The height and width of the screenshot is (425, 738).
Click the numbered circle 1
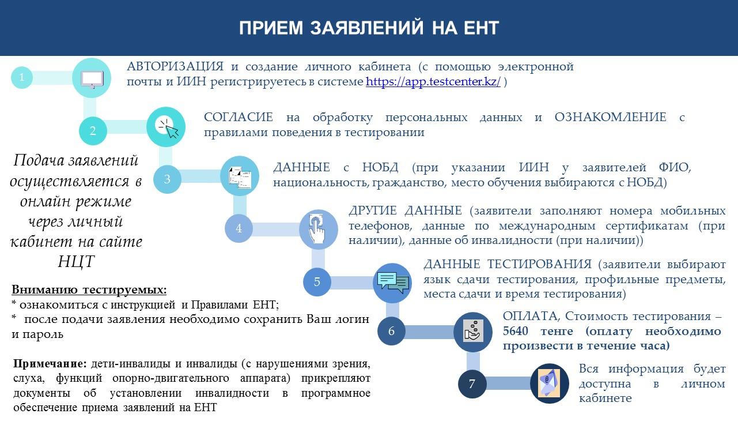pyautogui.click(x=22, y=77)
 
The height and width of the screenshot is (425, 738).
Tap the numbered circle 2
pyautogui.click(x=93, y=131)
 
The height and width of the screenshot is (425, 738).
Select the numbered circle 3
pyautogui.click(x=167, y=179)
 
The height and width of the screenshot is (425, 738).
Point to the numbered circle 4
pyautogui.click(x=239, y=228)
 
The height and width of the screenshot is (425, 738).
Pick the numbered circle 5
pyautogui.click(x=317, y=282)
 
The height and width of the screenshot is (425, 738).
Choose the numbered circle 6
pyautogui.click(x=391, y=331)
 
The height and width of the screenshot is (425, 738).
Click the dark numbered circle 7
pyautogui.click(x=472, y=384)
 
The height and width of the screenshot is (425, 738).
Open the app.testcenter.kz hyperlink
pyautogui.click(x=433, y=81)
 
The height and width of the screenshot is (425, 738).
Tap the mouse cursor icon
pyautogui.click(x=168, y=128)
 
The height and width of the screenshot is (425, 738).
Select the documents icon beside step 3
pyautogui.click(x=240, y=178)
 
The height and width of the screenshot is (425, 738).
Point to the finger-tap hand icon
pyautogui.click(x=317, y=229)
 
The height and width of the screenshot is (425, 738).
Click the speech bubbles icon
pyautogui.click(x=393, y=282)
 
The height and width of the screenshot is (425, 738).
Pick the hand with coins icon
pyautogui.click(x=473, y=330)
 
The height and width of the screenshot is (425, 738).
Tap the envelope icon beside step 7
pyautogui.click(x=549, y=383)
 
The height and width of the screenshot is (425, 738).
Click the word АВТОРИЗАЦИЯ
pyautogui.click(x=175, y=66)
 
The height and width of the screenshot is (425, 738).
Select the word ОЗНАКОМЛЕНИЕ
pyautogui.click(x=611, y=117)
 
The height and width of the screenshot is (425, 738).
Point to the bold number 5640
pyautogui.click(x=516, y=330)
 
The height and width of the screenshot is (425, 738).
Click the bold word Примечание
pyautogui.click(x=50, y=364)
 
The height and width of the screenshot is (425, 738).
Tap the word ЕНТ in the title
pyautogui.click(x=482, y=28)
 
